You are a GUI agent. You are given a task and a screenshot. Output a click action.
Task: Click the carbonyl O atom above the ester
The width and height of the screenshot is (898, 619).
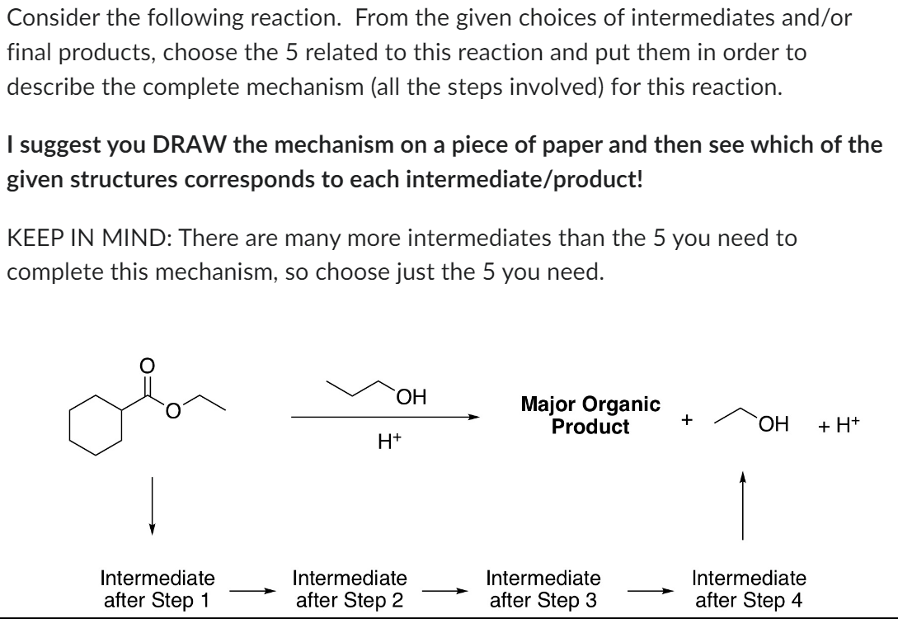[x=148, y=365]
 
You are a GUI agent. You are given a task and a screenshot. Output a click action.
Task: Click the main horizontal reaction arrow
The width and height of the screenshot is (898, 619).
[x=384, y=418]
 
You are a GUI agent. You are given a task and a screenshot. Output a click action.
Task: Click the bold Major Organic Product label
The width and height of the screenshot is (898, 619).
[x=590, y=416]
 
